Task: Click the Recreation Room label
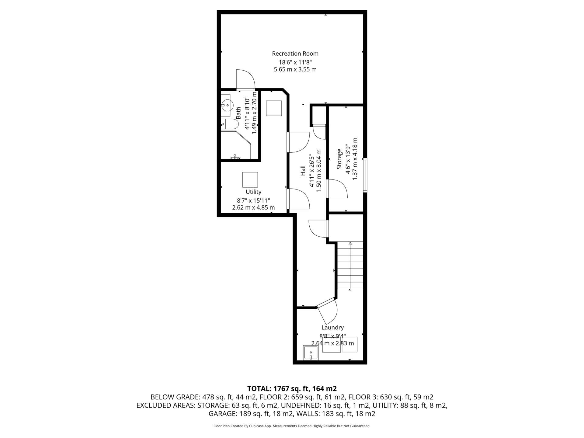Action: (x=295, y=54)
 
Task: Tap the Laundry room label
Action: (x=332, y=328)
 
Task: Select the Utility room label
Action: (x=253, y=192)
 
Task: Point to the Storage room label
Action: (x=339, y=158)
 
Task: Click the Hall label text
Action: (x=303, y=170)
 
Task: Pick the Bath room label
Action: (x=238, y=113)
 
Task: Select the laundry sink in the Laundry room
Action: (x=311, y=353)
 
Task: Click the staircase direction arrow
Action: (x=350, y=266)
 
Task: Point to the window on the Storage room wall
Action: (x=365, y=175)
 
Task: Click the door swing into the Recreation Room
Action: (x=245, y=80)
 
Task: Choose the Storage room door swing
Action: (x=337, y=189)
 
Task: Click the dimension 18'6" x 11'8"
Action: (x=295, y=62)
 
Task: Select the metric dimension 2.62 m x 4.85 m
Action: (x=253, y=207)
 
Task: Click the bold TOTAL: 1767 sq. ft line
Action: (x=292, y=388)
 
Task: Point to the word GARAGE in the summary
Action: (x=223, y=414)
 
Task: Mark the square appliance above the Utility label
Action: (x=250, y=179)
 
